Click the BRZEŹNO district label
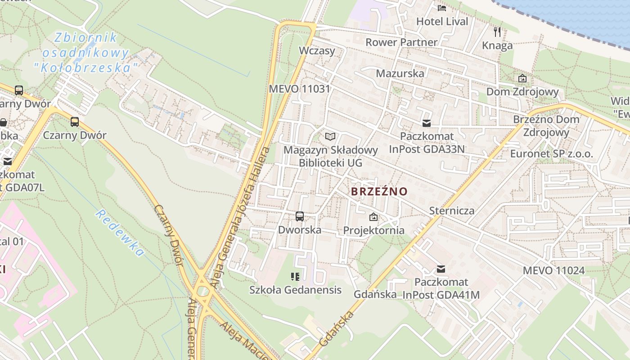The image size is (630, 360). coord(379,191)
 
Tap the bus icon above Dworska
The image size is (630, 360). coord(300,216)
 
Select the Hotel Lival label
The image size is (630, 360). coord(442,21)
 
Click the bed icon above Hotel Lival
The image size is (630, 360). coord(442,8)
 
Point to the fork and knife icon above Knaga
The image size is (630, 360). coord(497,31)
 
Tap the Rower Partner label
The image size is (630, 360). coord(401,42)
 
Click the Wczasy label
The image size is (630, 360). coord(317,50)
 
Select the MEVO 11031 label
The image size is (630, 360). coord(299,89)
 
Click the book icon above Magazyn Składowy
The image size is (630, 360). coord(330,136)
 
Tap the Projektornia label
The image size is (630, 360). coord(373,230)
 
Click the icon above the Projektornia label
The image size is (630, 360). coord(373,217)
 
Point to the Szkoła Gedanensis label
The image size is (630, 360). coord(295,290)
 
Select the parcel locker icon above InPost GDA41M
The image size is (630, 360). coord(441,269)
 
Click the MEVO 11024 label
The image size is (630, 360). coord(553,270)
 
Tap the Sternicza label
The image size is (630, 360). coord(451,210)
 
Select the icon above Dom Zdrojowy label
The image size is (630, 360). coord(522,78)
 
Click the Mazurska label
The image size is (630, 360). coord(400,73)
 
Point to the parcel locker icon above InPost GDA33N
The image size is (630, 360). coord(427,123)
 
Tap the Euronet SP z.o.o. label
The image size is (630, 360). coord(551,153)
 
